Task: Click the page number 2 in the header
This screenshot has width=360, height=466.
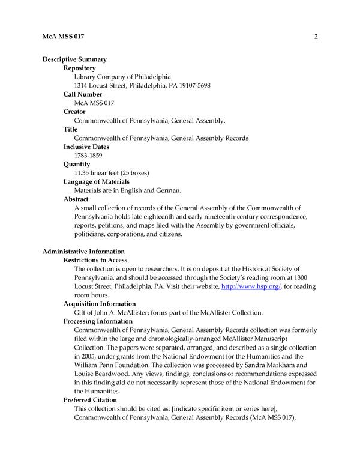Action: (x=315, y=37)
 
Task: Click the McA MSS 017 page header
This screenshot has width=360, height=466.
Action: (x=64, y=37)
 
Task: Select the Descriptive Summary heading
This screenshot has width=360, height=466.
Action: (x=74, y=59)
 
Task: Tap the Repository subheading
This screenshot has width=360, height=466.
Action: (x=80, y=68)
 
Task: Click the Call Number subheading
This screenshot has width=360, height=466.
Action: (x=83, y=94)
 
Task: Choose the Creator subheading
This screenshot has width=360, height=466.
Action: (x=74, y=112)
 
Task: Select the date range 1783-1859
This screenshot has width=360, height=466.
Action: (x=88, y=156)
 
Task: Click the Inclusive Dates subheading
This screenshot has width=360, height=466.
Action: (x=86, y=147)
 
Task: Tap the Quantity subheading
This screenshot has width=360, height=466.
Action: (x=77, y=164)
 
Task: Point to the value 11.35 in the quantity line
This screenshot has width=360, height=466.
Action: (x=82, y=173)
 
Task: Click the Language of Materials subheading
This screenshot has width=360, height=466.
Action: (x=97, y=181)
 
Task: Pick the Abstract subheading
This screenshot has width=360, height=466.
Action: (x=76, y=199)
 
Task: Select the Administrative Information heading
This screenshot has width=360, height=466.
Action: (x=83, y=251)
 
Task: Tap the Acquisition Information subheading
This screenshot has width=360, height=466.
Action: (x=100, y=304)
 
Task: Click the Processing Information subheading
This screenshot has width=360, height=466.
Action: (x=98, y=321)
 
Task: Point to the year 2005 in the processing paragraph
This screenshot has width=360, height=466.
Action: (x=83, y=356)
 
